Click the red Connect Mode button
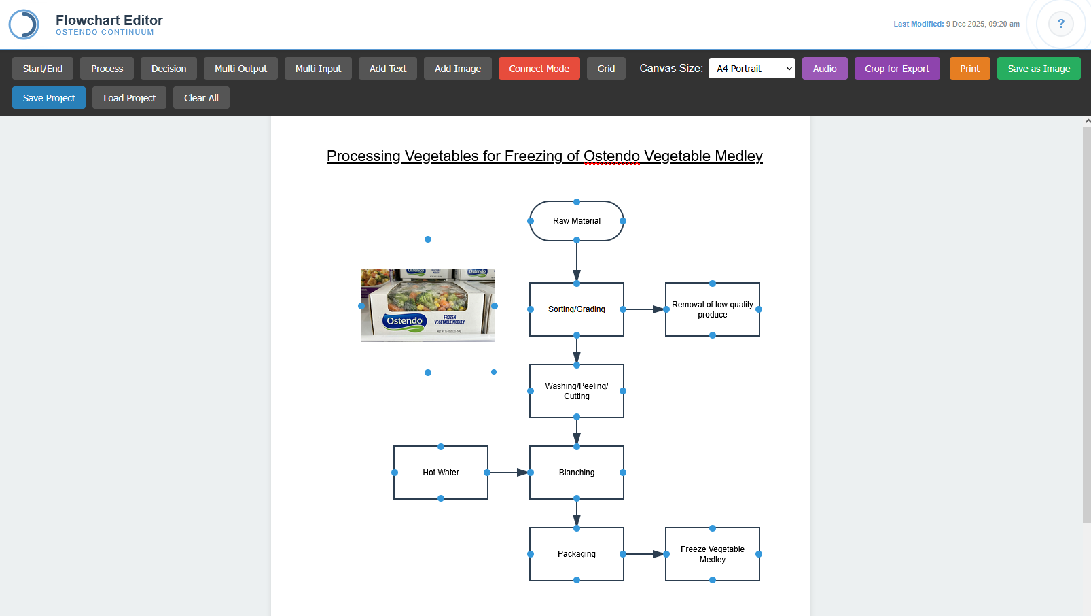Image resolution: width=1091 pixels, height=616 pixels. click(539, 69)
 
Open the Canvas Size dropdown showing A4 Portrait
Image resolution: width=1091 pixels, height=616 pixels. click(751, 69)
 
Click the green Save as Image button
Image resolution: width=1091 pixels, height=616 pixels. click(1038, 69)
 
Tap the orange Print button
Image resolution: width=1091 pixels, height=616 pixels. click(969, 69)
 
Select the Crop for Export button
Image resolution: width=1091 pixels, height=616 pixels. click(897, 69)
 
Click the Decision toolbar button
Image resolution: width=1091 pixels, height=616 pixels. click(168, 69)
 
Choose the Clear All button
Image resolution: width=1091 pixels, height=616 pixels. click(201, 98)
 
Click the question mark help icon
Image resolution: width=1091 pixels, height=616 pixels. click(1060, 24)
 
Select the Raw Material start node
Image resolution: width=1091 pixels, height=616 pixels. click(576, 221)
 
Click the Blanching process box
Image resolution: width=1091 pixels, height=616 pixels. click(576, 473)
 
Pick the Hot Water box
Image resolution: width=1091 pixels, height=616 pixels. click(440, 473)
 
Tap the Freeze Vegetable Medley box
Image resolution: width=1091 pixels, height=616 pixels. click(712, 554)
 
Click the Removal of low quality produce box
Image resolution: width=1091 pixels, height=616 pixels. click(712, 309)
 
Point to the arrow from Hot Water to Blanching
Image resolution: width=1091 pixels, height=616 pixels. click(508, 473)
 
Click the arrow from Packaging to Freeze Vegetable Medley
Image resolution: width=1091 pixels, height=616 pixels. click(644, 554)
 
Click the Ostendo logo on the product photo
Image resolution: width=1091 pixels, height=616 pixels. click(405, 321)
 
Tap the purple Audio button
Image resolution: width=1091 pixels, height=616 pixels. click(825, 69)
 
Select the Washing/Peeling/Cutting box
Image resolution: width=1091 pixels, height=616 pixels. click(576, 391)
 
